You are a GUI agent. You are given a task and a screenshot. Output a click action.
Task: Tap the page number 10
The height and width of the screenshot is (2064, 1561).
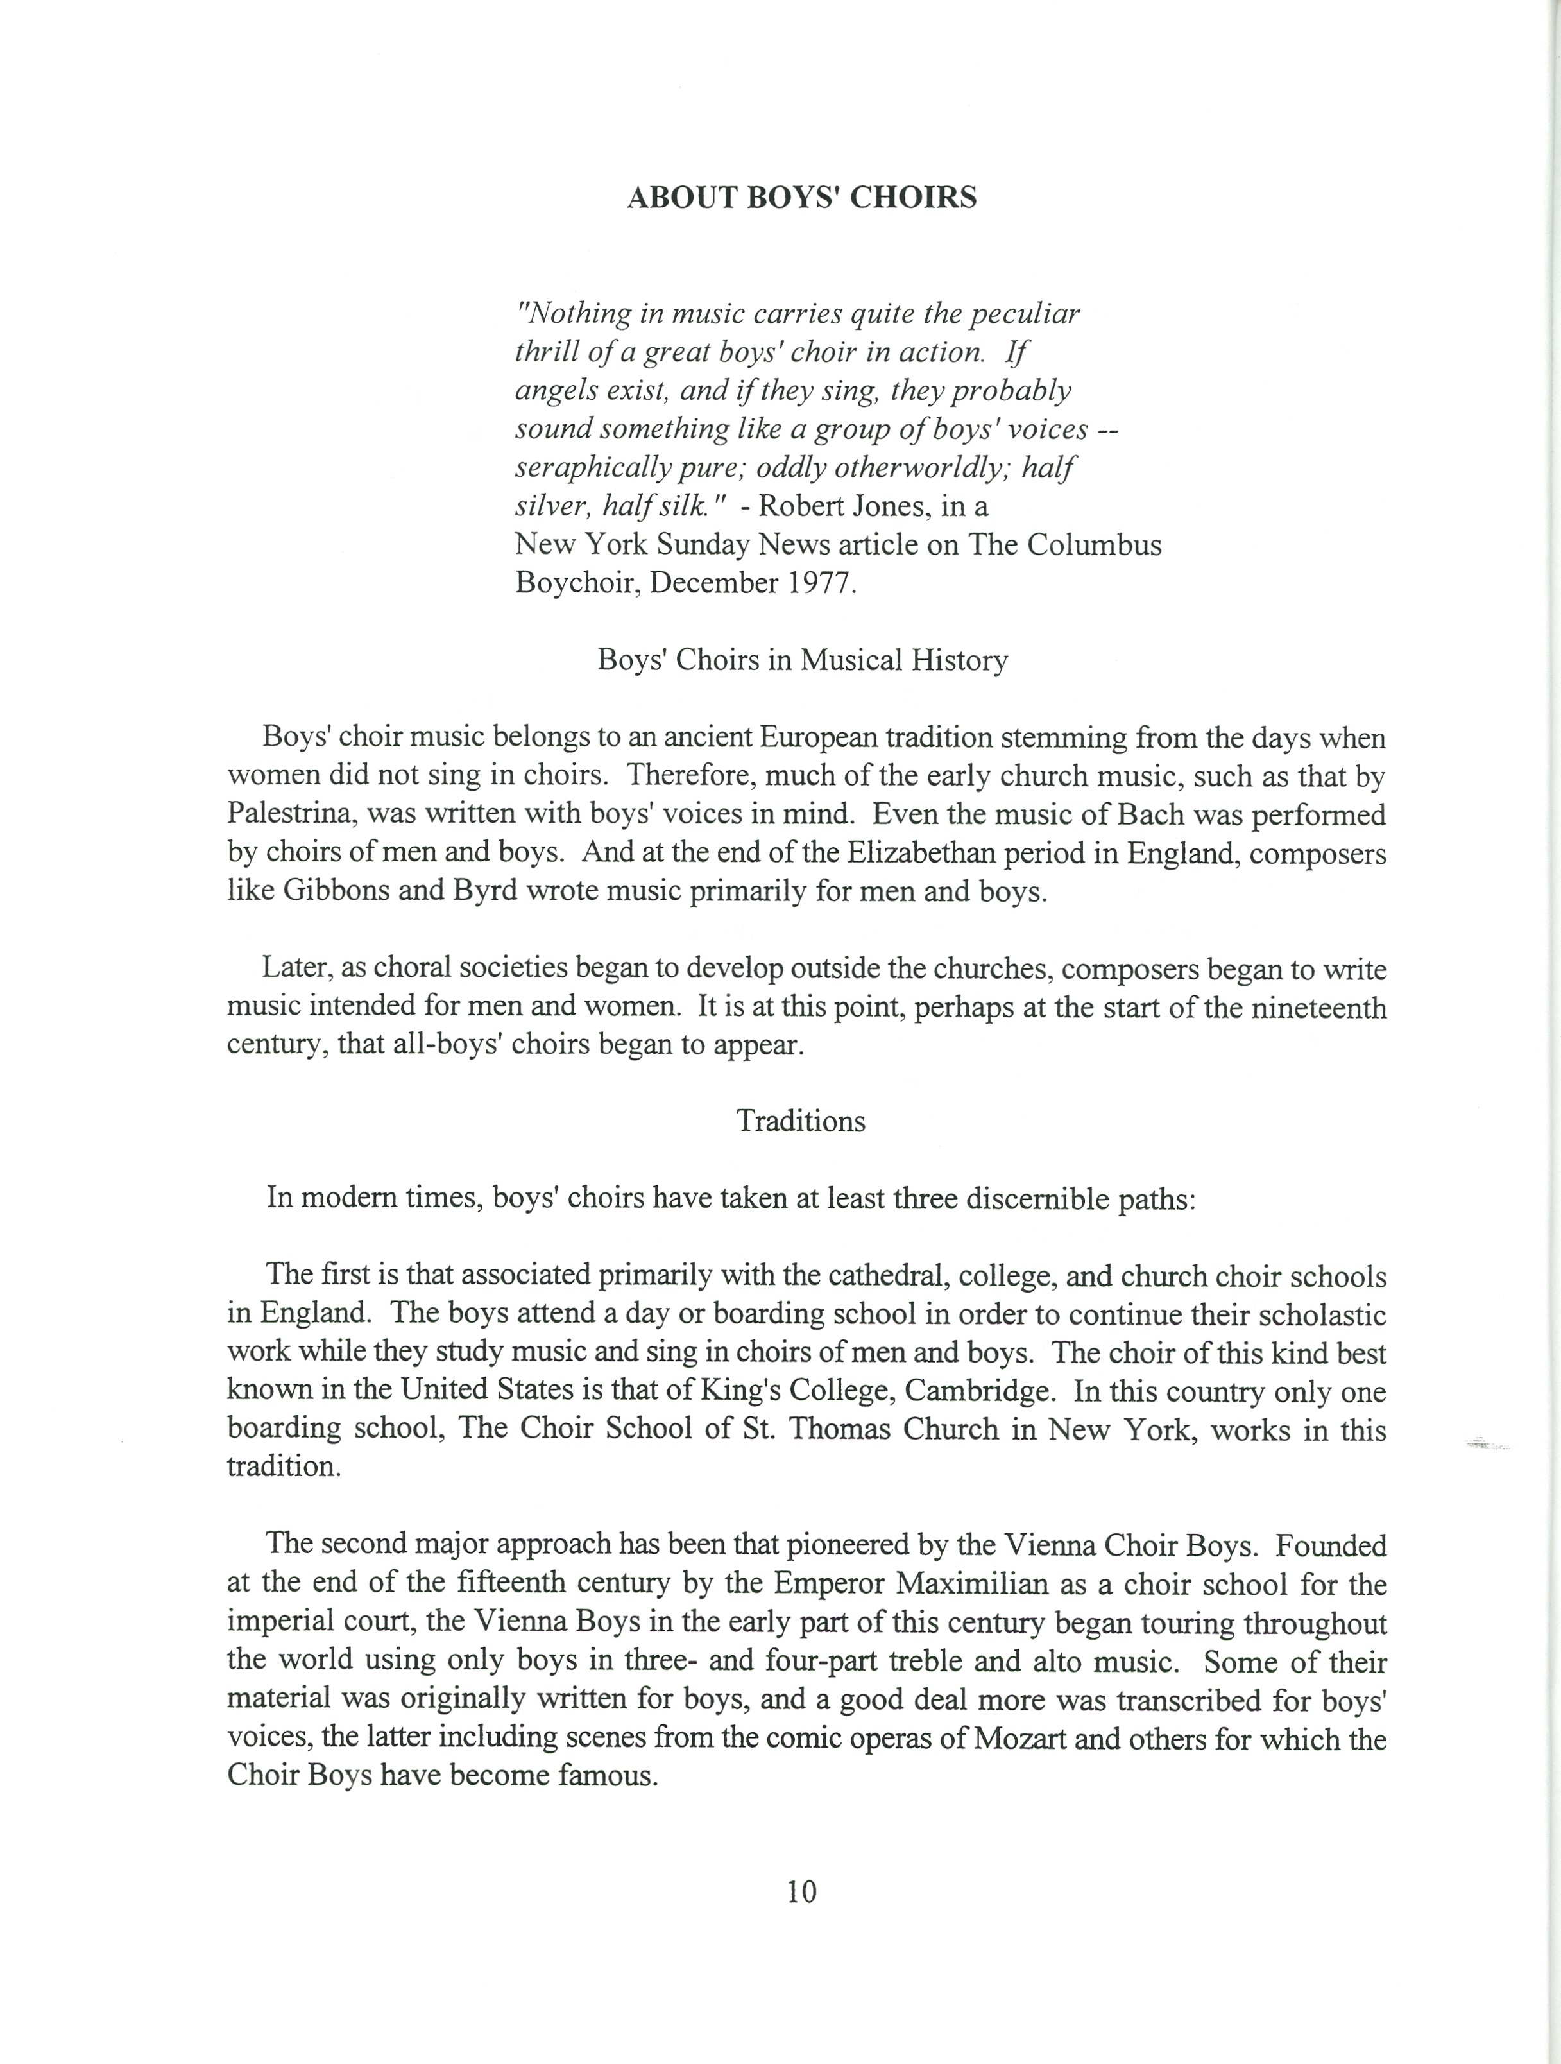click(801, 1891)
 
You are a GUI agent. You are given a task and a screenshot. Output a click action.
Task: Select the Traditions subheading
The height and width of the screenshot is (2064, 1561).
click(801, 1121)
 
